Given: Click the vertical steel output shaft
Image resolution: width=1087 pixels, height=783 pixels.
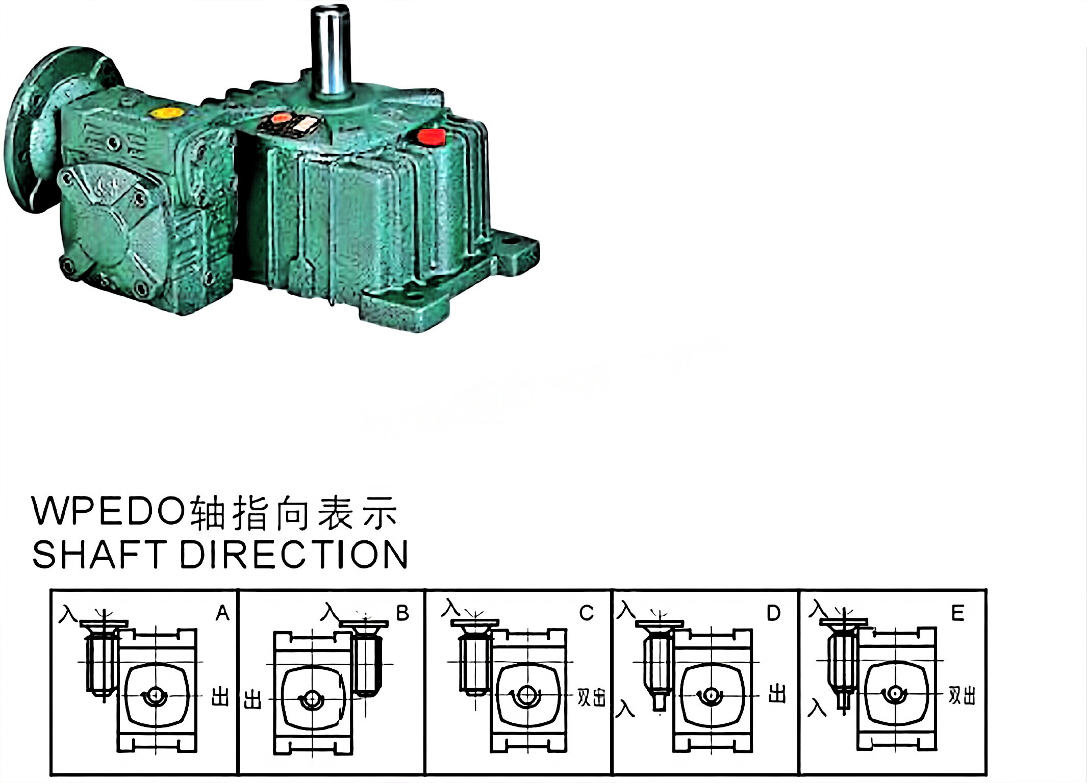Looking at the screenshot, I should point(330,51).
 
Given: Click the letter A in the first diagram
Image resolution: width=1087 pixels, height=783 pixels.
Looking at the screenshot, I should point(222,613).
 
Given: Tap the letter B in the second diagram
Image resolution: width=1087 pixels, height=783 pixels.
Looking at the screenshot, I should point(402,613).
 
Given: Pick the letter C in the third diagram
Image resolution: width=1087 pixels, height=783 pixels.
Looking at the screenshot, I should point(587,613).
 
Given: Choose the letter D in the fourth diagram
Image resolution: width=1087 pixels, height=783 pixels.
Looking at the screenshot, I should point(773,613).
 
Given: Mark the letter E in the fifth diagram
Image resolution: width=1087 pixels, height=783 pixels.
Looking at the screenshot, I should point(957,613).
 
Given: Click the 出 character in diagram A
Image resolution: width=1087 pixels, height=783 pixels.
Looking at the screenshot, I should point(220,696).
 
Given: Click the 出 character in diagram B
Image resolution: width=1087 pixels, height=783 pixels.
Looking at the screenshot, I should point(252,700).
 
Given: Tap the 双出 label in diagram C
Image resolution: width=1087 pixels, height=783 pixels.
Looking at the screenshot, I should point(591,697).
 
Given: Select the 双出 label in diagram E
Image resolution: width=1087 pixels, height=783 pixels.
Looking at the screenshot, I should point(962,696).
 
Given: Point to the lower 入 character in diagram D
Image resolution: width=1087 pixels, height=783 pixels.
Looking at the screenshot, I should point(625,709).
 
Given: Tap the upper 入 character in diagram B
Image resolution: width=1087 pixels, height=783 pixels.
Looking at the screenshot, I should point(330,612).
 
